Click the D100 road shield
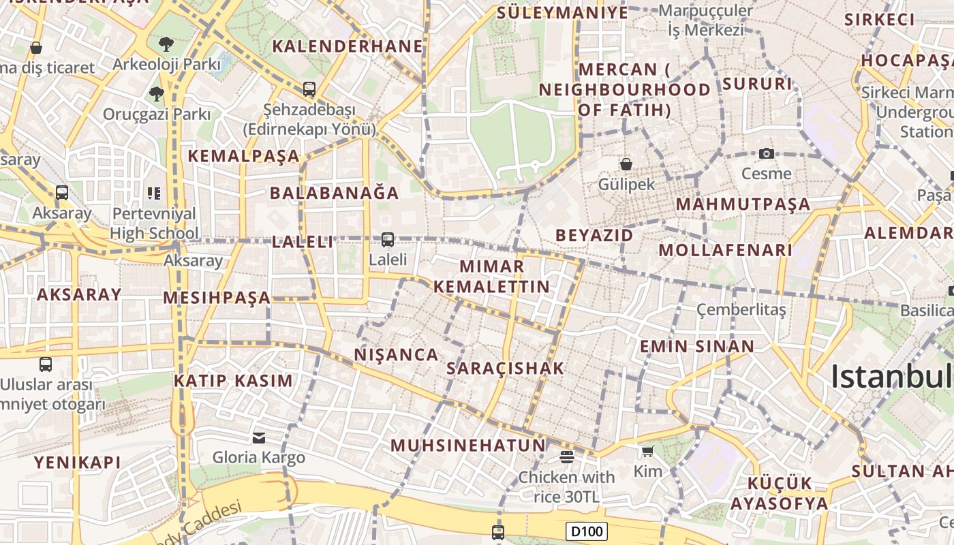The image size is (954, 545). tap(586, 531)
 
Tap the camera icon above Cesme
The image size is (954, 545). tap(767, 154)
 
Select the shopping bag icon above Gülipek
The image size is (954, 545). tap(626, 164)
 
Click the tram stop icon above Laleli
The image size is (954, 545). tap(387, 239)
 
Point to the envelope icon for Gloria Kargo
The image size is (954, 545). tap(259, 437)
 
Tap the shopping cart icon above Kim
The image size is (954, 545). tap(647, 451)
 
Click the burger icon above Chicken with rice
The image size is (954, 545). tap(566, 456)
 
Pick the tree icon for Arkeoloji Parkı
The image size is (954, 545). tap(166, 45)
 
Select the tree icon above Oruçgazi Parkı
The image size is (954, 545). tap(157, 93)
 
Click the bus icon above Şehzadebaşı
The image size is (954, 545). tap(309, 89)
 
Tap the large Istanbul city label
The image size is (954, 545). tap(891, 377)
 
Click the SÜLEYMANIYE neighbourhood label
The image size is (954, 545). tap(562, 13)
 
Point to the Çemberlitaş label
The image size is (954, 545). tap(741, 310)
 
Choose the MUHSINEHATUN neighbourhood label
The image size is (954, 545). tap(468, 446)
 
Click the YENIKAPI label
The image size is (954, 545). tap(78, 463)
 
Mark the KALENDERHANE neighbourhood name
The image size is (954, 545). tap(348, 46)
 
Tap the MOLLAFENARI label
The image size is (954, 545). tap(725, 250)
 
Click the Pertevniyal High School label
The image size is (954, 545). tap(155, 223)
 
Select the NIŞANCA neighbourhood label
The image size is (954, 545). tap(396, 355)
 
